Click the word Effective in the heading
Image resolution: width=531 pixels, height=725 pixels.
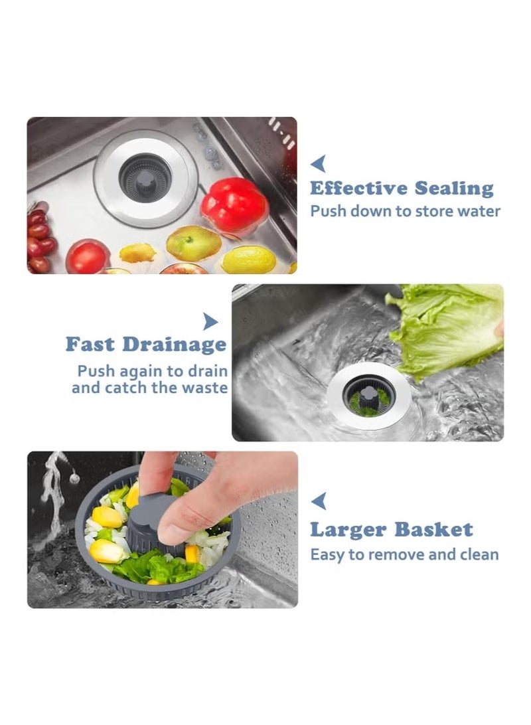coord(359,189)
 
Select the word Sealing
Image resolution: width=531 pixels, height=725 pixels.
coord(455,189)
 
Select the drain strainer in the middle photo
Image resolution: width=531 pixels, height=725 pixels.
coord(368,397)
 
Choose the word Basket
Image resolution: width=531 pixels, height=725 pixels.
coord(433,530)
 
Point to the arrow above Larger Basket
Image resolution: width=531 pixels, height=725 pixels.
coord(319,501)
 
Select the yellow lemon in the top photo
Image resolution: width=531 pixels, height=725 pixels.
coord(248,260)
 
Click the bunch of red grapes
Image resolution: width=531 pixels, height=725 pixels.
coord(40,240)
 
